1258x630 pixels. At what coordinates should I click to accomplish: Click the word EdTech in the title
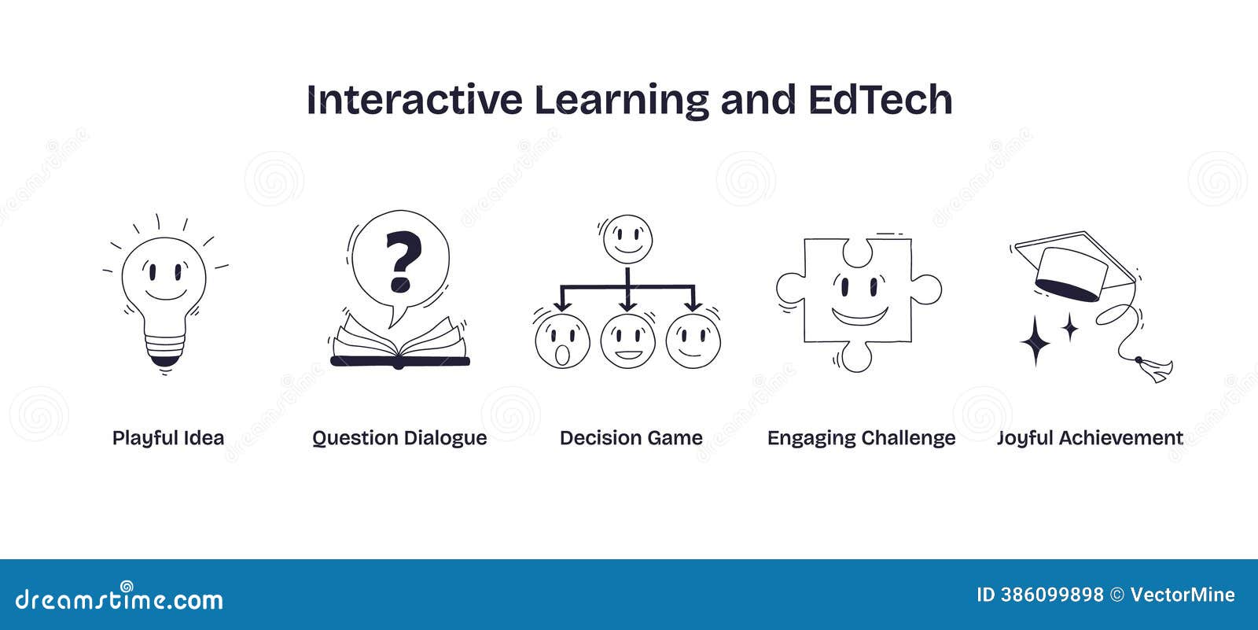(880, 100)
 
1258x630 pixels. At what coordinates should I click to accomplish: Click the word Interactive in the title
(414, 100)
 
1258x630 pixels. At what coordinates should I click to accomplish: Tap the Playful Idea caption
(168, 438)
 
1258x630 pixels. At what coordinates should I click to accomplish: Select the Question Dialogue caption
(399, 438)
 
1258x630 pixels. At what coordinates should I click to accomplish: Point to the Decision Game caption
(631, 438)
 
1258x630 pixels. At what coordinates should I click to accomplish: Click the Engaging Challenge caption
(861, 438)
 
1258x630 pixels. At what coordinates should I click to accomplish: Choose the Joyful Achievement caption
(1090, 438)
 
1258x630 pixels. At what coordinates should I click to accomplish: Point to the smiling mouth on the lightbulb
(165, 294)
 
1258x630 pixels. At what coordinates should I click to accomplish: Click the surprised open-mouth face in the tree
(561, 342)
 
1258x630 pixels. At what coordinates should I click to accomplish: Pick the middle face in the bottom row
(627, 342)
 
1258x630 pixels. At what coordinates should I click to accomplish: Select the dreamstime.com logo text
(119, 600)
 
